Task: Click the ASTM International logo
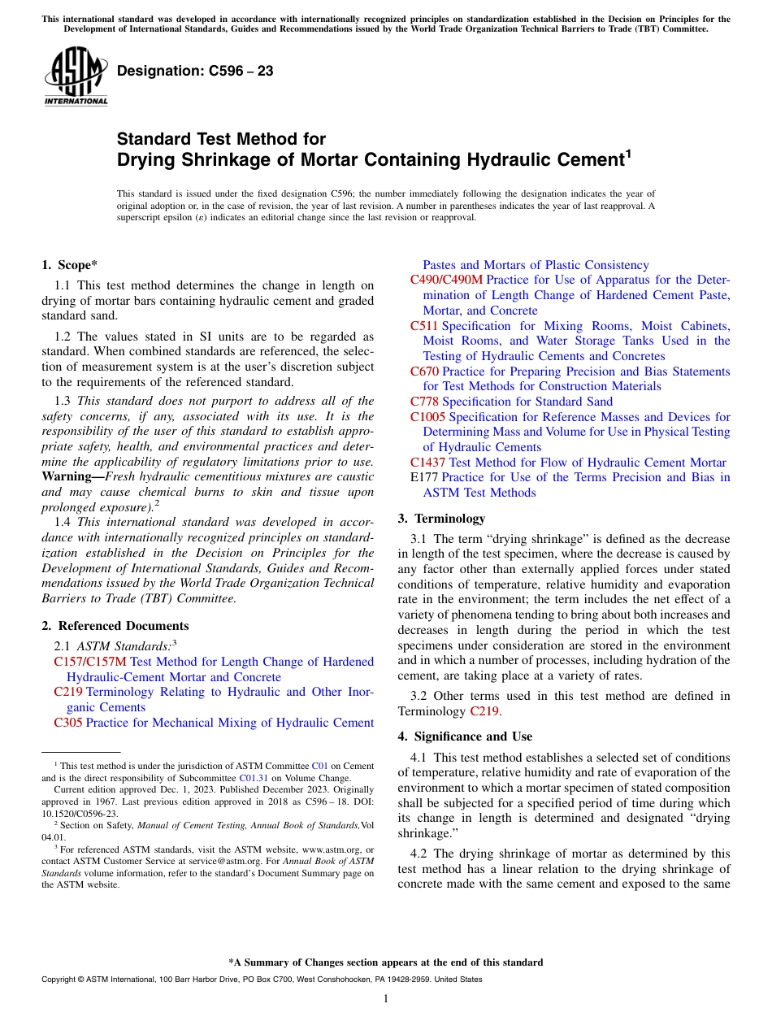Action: click(x=75, y=76)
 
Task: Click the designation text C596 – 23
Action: click(x=195, y=72)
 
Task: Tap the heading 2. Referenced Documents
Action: click(x=115, y=626)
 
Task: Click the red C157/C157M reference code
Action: click(x=90, y=663)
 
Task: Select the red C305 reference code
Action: click(x=67, y=723)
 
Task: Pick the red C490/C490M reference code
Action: click(x=446, y=280)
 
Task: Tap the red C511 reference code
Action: click(x=423, y=326)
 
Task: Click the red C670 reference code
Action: click(x=424, y=371)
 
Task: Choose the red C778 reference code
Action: click(x=424, y=402)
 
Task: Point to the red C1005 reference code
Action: click(x=427, y=417)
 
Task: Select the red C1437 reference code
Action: click(x=427, y=463)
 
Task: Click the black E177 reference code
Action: click(x=424, y=478)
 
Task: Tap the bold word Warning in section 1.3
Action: click(x=67, y=477)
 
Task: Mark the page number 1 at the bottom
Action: click(x=386, y=999)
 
